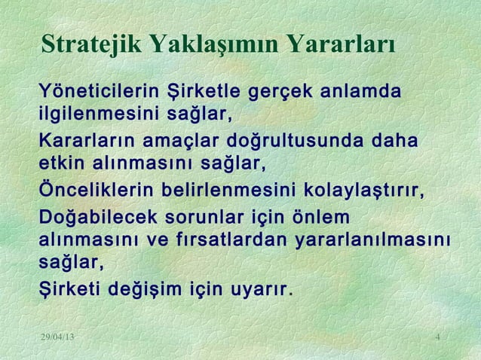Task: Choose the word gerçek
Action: (276, 94)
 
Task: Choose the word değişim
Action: (139, 289)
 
